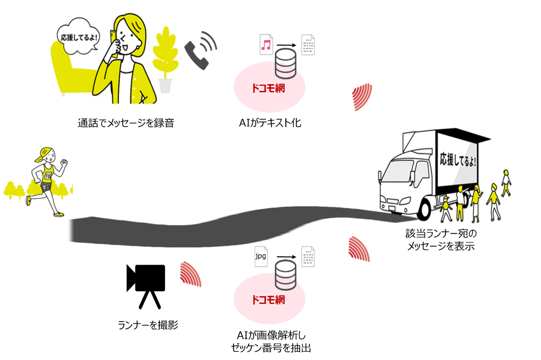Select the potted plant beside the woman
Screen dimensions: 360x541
165,60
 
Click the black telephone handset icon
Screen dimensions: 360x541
197,54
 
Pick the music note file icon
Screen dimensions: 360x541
266,45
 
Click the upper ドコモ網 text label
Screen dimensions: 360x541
268,88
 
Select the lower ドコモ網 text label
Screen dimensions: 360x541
268,300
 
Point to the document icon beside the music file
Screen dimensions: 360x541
308,45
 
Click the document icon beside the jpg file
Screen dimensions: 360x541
308,257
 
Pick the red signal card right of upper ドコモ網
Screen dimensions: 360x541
361,97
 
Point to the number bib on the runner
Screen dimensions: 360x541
48,176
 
